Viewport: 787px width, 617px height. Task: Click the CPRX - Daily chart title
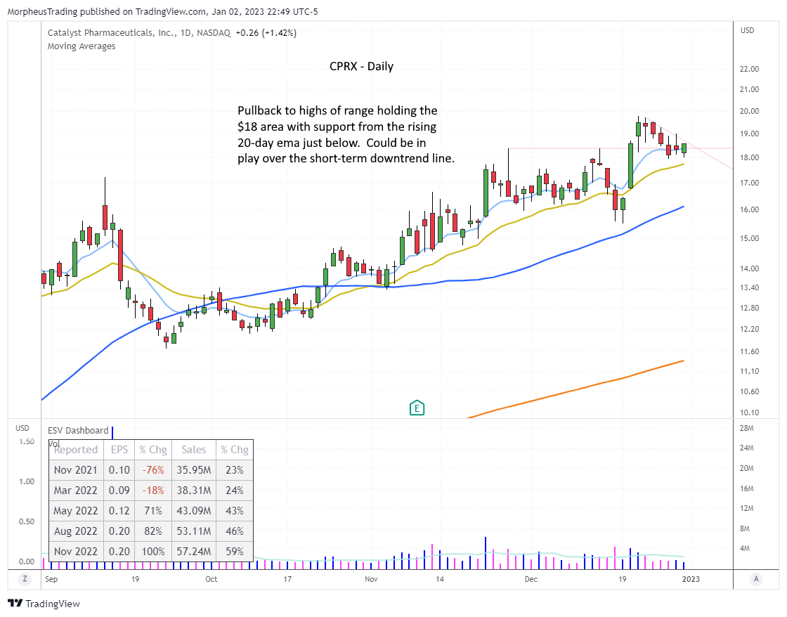click(361, 67)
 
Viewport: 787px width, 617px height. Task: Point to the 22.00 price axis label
click(749, 69)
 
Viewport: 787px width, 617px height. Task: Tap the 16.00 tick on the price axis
click(749, 209)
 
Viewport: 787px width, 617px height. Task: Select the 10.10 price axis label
click(749, 413)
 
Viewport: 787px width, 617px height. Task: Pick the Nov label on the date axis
click(372, 580)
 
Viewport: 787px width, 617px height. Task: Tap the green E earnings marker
click(417, 408)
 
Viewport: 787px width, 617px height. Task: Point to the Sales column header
click(195, 450)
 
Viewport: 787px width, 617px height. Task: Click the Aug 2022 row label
click(77, 532)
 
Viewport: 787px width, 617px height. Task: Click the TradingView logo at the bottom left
click(44, 604)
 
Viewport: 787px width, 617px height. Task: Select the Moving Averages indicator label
click(82, 46)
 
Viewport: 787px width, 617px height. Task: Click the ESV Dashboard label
click(78, 431)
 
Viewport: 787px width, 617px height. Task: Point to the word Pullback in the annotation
click(258, 111)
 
